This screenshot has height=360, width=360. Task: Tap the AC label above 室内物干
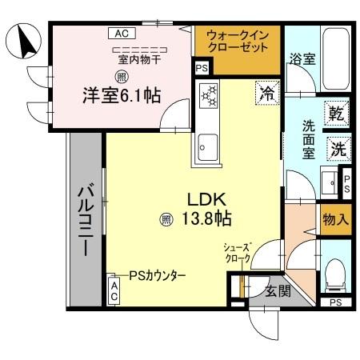(122, 34)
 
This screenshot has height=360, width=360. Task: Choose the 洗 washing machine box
(338, 148)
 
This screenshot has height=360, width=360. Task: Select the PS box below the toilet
(336, 302)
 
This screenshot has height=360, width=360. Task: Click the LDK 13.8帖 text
(210, 208)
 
